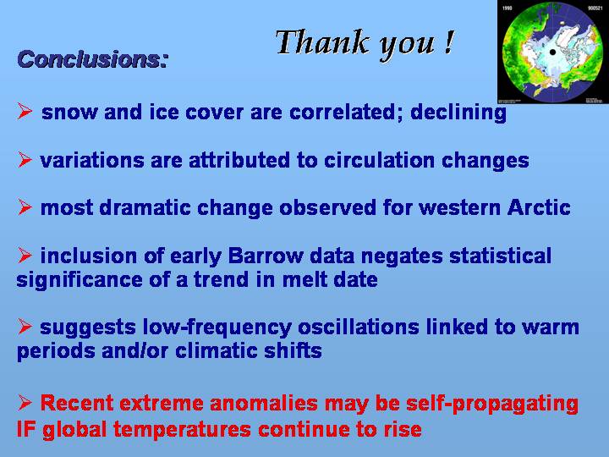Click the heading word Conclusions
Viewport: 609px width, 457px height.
click(x=92, y=59)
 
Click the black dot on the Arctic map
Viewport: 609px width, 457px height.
click(x=552, y=52)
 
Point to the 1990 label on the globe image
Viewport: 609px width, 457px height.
click(x=507, y=8)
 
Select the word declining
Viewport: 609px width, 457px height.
click(x=458, y=113)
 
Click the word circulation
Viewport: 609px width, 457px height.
click(x=379, y=160)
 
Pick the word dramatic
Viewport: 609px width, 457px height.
click(x=145, y=207)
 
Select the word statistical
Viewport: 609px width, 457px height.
click(x=500, y=256)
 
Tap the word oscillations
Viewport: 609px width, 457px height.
click(x=358, y=328)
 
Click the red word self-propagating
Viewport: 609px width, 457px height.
click(x=492, y=404)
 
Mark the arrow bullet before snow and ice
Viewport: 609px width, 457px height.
click(x=25, y=111)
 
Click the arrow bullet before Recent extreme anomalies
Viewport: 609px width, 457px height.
click(x=25, y=402)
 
